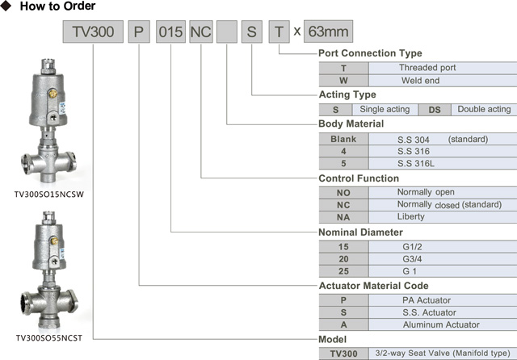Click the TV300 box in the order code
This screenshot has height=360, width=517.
tap(94, 32)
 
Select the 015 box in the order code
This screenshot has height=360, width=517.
tap(171, 32)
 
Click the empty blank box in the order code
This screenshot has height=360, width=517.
tap(227, 32)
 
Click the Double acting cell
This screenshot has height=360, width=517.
tap(484, 110)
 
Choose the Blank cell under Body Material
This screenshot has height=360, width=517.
tap(343, 139)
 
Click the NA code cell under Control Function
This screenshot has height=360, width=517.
tap(343, 217)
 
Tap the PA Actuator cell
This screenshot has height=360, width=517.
tap(429, 300)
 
